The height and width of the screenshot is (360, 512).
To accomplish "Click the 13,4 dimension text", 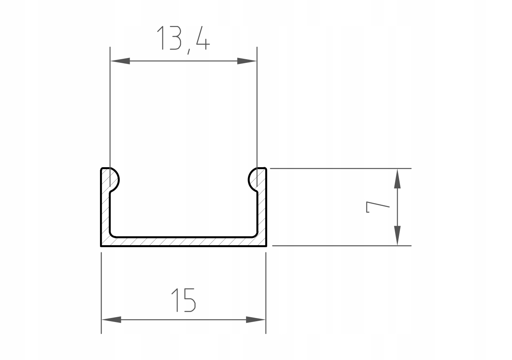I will pyautogui.click(x=183, y=39).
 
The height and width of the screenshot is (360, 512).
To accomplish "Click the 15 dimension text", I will pyautogui.click(x=184, y=300).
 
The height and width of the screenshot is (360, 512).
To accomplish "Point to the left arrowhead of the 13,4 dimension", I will pyautogui.click(x=120, y=61).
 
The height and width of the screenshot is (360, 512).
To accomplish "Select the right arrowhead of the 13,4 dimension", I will pyautogui.click(x=246, y=61).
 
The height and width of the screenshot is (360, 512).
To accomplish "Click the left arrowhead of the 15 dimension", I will pyautogui.click(x=112, y=320).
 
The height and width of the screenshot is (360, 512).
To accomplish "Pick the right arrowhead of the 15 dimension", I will pyautogui.click(x=256, y=320).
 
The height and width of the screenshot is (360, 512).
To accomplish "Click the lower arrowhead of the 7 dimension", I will pyautogui.click(x=397, y=236).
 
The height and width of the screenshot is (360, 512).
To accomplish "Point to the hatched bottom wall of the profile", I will pyautogui.click(x=183, y=242).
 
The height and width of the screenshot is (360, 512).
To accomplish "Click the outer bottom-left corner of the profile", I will pyautogui.click(x=101, y=246).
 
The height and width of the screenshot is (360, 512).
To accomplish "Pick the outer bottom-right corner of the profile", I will pyautogui.click(x=266, y=246).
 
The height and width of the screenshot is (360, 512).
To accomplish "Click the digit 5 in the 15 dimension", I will pyautogui.click(x=189, y=300).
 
